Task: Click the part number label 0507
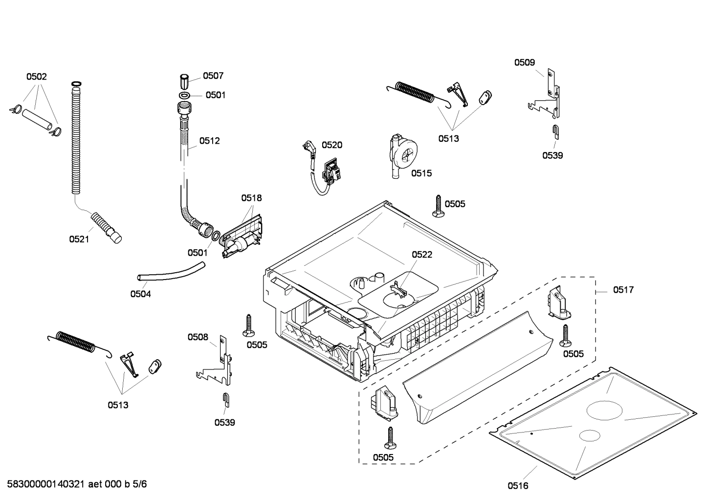(x=213, y=76)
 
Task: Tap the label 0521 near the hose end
(x=79, y=239)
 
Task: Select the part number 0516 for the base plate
(x=518, y=485)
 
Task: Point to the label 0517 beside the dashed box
(x=623, y=290)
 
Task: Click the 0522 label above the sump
(x=421, y=255)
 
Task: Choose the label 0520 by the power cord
(x=332, y=145)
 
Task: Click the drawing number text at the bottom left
(x=77, y=484)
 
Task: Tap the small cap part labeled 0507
(x=184, y=80)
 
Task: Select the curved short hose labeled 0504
(x=171, y=272)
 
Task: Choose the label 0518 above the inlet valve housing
(x=251, y=198)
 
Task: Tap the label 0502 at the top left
(x=37, y=77)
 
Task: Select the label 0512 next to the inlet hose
(x=209, y=141)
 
